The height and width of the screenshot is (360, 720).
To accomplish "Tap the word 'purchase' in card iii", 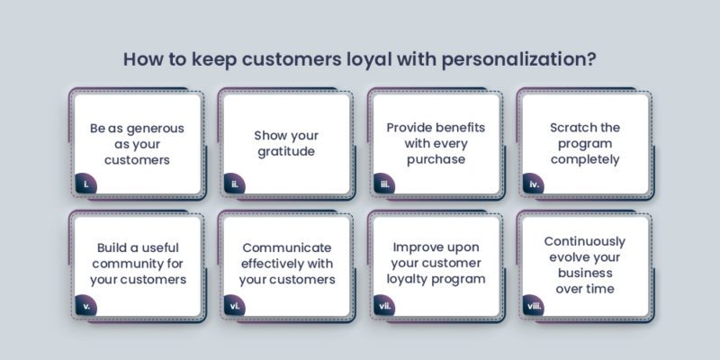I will point(435,159).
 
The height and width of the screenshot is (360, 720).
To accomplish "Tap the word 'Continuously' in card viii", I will point(585,240).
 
